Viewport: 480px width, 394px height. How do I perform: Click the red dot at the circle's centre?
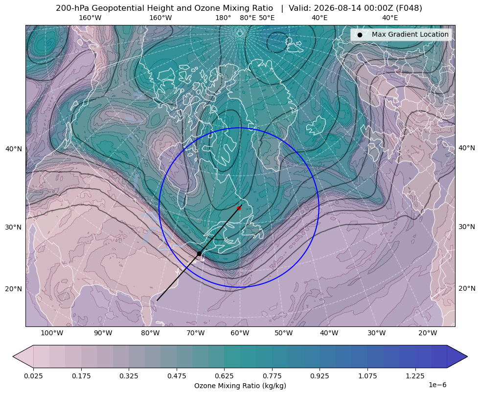click(x=239, y=208)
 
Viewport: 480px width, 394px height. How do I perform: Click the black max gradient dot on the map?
click(x=199, y=254)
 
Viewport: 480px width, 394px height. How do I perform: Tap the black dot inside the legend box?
click(x=360, y=35)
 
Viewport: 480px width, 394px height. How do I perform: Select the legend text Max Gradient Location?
click(x=410, y=35)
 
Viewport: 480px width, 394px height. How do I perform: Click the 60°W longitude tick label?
click(x=240, y=333)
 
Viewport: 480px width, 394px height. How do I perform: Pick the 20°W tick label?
click(x=428, y=333)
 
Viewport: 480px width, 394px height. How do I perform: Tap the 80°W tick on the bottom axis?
click(x=150, y=333)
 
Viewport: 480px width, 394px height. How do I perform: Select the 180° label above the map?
click(x=223, y=18)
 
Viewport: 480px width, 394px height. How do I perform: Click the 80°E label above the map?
click(x=248, y=18)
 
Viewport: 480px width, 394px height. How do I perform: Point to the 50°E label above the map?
click(x=267, y=18)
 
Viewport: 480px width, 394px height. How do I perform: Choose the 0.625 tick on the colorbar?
click(x=224, y=376)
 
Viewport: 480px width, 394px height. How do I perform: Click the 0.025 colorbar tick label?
click(x=33, y=376)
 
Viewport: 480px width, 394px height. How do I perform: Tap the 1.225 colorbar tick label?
click(x=415, y=376)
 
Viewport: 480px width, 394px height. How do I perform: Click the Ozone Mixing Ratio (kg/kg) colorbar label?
click(x=240, y=385)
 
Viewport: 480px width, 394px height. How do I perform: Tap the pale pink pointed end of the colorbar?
click(x=23, y=356)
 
